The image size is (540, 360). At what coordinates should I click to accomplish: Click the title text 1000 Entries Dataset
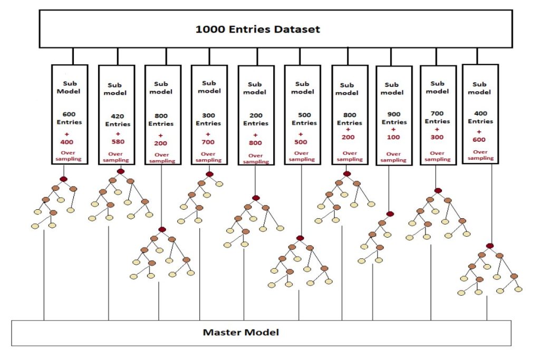pos(257,30)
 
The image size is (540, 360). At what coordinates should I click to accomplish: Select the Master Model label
pos(241,332)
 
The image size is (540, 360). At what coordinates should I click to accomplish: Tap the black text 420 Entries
pos(118,121)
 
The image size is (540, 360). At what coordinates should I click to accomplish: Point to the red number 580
pos(118,141)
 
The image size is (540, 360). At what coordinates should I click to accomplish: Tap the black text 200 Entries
pos(255,120)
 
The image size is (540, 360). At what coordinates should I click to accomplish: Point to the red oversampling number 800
pos(256,143)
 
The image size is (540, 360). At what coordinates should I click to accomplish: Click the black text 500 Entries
pos(302,119)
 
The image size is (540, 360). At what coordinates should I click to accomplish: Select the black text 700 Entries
pos(437,117)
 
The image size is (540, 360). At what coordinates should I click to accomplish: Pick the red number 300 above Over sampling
pos(438,137)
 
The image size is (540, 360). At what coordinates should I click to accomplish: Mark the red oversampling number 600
pos(480,140)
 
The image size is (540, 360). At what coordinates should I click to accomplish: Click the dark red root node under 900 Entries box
pos(390,213)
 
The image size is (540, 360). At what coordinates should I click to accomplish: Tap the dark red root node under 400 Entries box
pos(489,246)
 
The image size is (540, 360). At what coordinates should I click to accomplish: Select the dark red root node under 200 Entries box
pos(256,198)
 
